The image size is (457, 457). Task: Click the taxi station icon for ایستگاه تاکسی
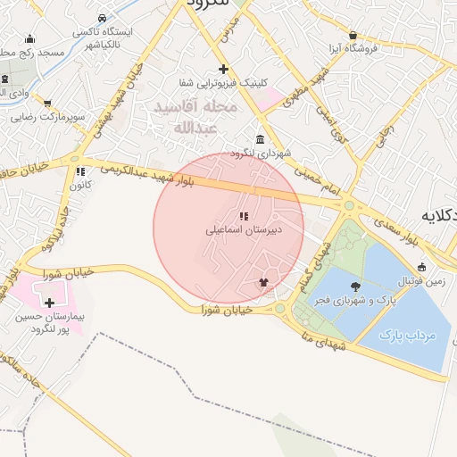[x=103, y=18]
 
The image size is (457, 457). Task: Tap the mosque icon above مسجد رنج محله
[x=31, y=38]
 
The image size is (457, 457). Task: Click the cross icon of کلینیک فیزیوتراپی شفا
[x=223, y=69]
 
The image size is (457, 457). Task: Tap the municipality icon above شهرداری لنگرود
[x=260, y=139]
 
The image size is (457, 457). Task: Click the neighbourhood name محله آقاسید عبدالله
[x=195, y=117]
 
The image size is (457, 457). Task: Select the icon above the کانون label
[x=80, y=171]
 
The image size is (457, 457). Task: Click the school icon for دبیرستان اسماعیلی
[x=244, y=215]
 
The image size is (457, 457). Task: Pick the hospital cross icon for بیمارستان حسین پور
[x=49, y=303]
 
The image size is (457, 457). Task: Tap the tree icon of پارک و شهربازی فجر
[x=356, y=287]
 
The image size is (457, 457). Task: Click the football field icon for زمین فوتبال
[x=422, y=266]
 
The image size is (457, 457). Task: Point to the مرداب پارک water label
[x=406, y=336]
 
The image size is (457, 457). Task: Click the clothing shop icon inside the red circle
[x=262, y=283]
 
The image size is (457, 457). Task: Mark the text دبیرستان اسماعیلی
[x=244, y=230]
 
